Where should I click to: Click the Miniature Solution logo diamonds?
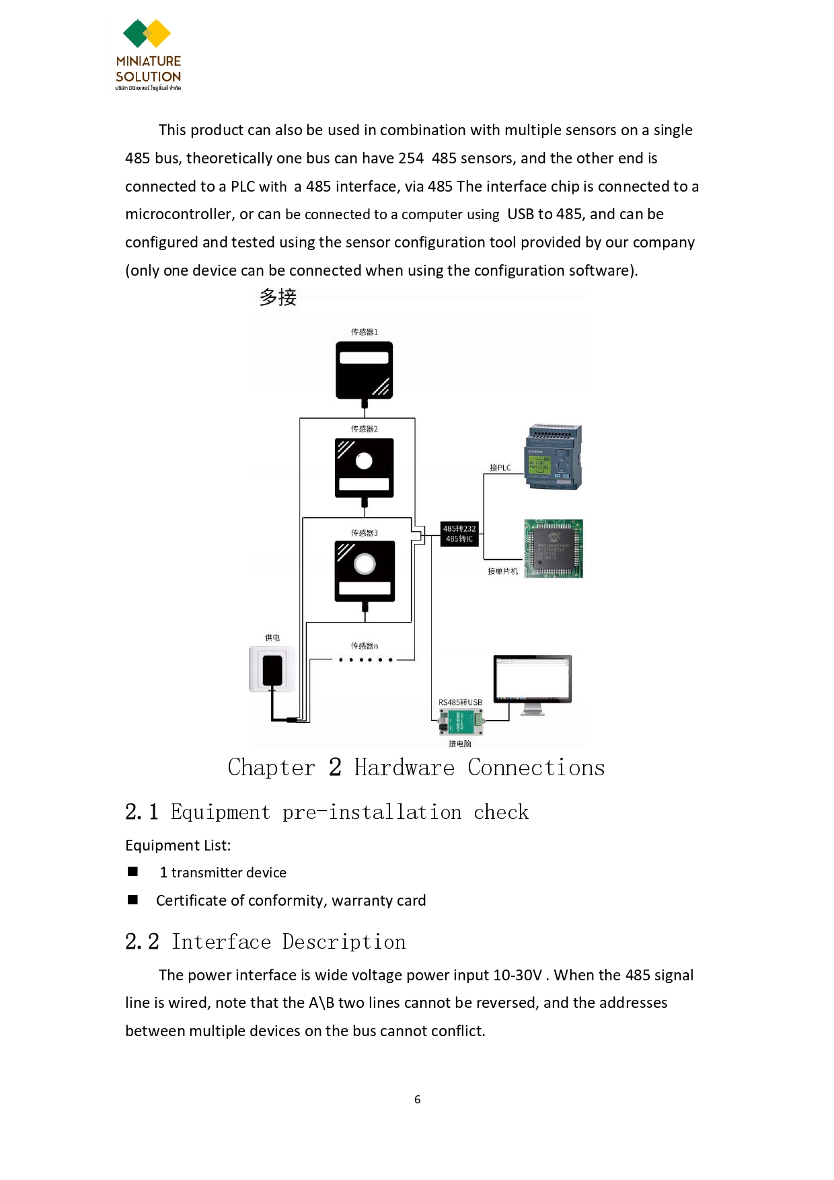pyautogui.click(x=147, y=34)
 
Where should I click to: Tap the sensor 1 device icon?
pyautogui.click(x=364, y=370)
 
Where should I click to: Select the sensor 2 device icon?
pyautogui.click(x=364, y=468)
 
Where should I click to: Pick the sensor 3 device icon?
pyautogui.click(x=365, y=571)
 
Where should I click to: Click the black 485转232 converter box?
pyautogui.click(x=459, y=534)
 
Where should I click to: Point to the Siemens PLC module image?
pyautogui.click(x=553, y=457)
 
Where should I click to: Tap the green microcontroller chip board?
pyautogui.click(x=554, y=548)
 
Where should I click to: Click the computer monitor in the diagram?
pyautogui.click(x=532, y=680)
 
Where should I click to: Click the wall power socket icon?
pyautogui.click(x=272, y=669)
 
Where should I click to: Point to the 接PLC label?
pyautogui.click(x=500, y=468)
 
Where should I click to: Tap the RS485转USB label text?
pyautogui.click(x=460, y=703)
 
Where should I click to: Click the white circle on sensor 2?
pyautogui.click(x=364, y=461)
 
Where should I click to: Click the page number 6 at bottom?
pyautogui.click(x=417, y=1099)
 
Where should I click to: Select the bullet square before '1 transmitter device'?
pyautogui.click(x=133, y=871)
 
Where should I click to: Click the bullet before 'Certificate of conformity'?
pyautogui.click(x=133, y=900)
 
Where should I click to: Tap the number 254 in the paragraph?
pyautogui.click(x=410, y=159)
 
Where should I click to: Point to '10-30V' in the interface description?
pyautogui.click(x=517, y=976)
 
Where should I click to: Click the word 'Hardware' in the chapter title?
pyautogui.click(x=404, y=768)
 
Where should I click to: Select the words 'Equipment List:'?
pyautogui.click(x=178, y=845)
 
